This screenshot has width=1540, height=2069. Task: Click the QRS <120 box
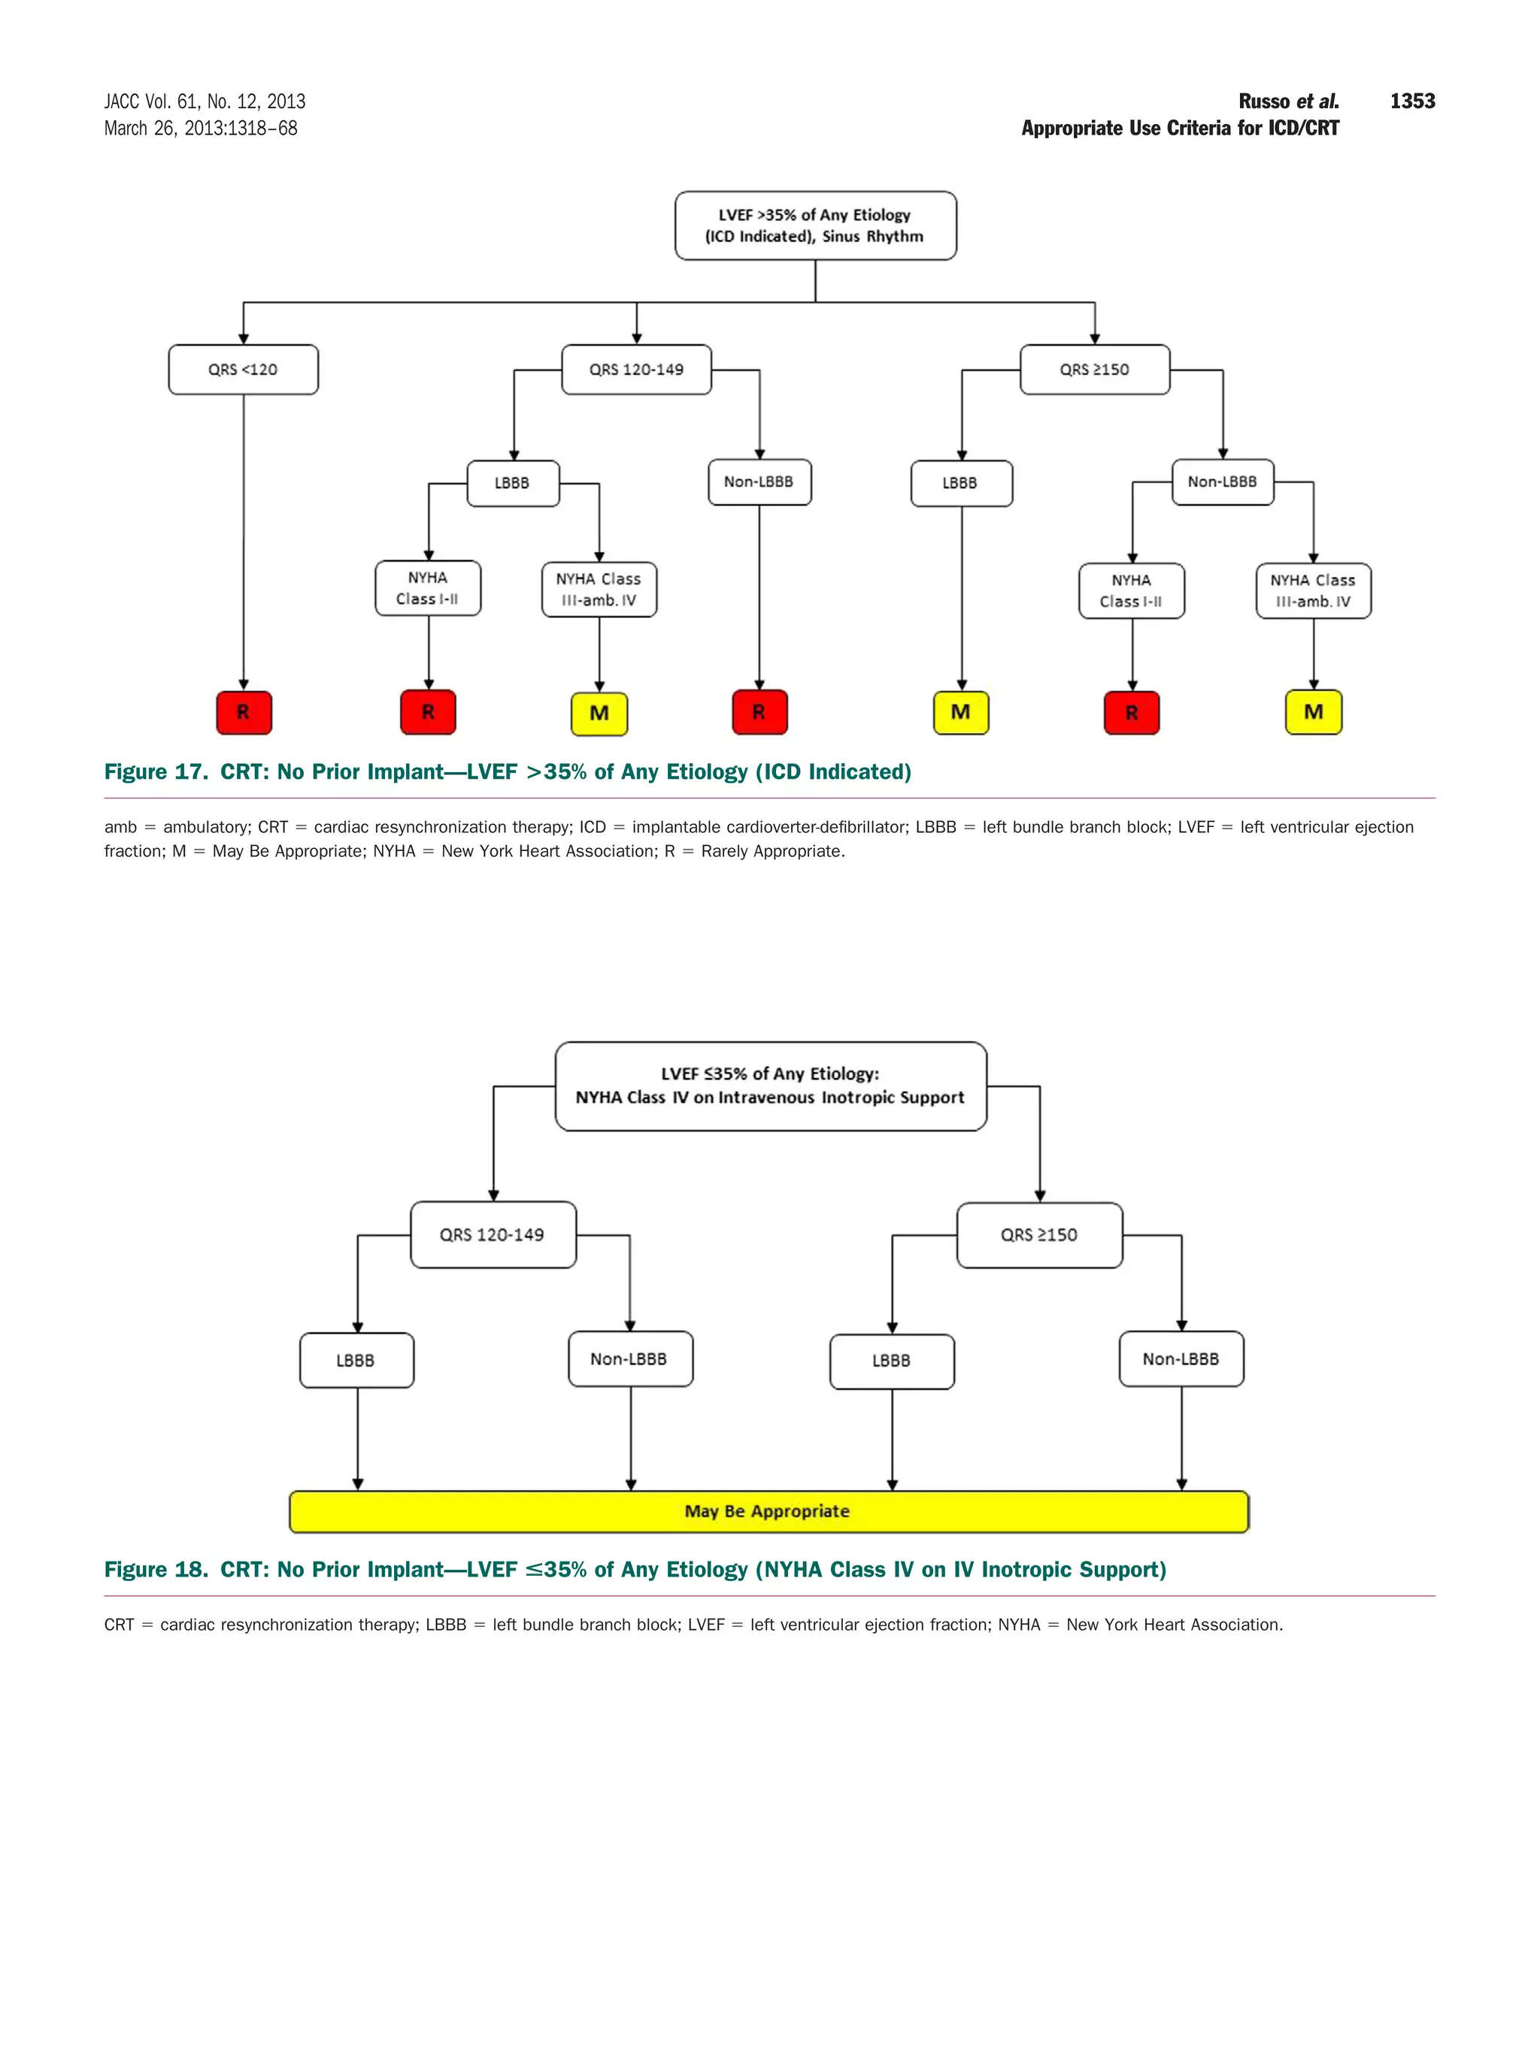[244, 370]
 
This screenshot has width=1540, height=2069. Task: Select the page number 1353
[1411, 101]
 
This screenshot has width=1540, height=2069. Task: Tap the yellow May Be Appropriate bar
[768, 1510]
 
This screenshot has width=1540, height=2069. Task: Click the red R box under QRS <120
[244, 712]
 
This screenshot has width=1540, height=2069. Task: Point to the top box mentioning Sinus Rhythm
[815, 226]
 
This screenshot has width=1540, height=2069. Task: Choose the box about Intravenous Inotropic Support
[770, 1086]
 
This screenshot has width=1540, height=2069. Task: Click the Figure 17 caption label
[156, 771]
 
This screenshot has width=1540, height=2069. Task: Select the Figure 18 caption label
[156, 1570]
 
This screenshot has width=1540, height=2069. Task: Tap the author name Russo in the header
[1263, 101]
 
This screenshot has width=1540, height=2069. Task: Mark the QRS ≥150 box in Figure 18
[1038, 1235]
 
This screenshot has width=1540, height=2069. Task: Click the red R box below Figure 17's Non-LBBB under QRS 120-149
[759, 712]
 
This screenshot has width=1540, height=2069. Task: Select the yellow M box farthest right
[1313, 712]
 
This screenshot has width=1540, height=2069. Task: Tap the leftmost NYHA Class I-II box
[428, 588]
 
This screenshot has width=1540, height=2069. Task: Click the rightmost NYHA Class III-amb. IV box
[1313, 591]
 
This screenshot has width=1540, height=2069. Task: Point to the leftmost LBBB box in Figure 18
[356, 1361]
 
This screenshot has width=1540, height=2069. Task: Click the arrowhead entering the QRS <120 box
[244, 338]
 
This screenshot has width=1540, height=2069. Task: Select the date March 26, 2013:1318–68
[201, 129]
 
